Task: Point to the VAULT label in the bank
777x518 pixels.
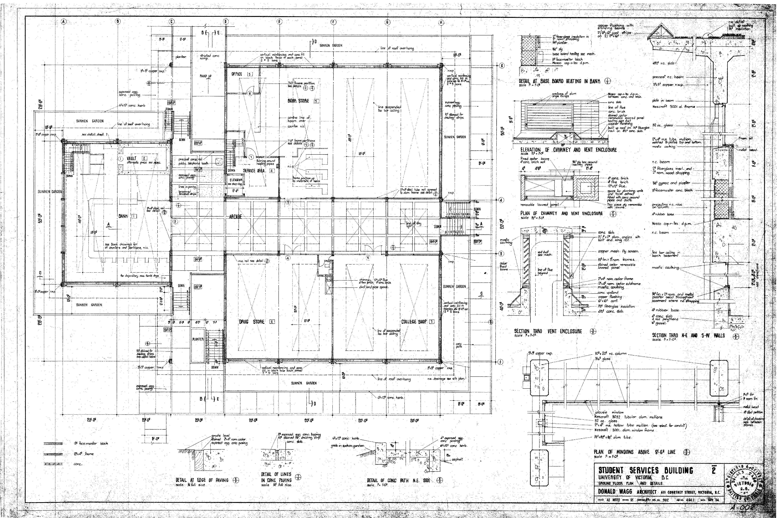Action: click(x=131, y=159)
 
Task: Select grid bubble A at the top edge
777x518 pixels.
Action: click(x=64, y=22)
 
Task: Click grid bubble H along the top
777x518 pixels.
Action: click(x=441, y=22)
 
